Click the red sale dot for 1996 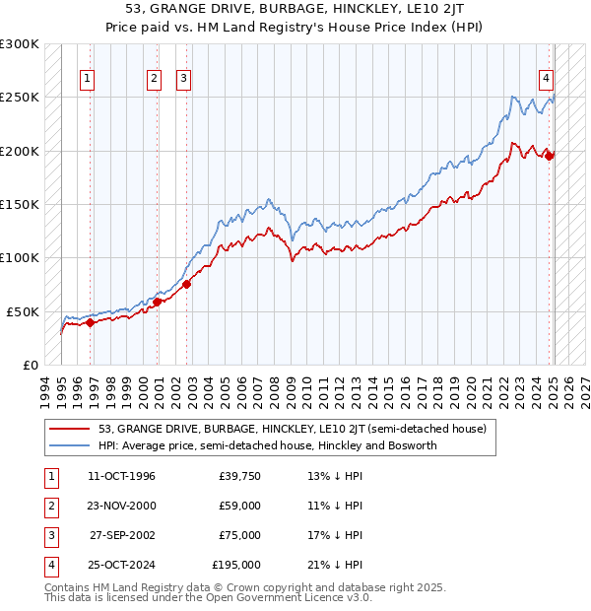point(90,321)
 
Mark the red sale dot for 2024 point(550,155)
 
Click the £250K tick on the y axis point(20,98)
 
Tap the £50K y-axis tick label point(23,311)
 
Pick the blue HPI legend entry point(266,445)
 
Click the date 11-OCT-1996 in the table point(121,477)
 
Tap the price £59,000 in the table point(239,507)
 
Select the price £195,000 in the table point(236,565)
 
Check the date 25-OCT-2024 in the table point(121,565)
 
